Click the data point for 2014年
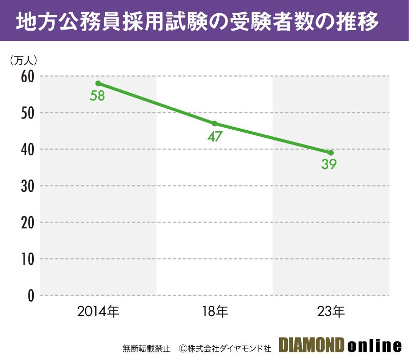coord(98,83)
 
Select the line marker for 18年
coord(214,124)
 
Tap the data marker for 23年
coord(331,153)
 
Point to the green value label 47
coord(214,136)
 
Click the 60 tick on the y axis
coord(27,77)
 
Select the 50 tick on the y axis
coord(27,113)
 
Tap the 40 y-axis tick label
coord(27,150)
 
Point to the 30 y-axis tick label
coord(27,186)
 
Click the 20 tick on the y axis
coord(27,223)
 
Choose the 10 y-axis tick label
coord(27,259)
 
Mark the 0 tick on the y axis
coord(31,296)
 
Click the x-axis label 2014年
coord(98,310)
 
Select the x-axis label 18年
coord(215,310)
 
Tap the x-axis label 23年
coord(331,310)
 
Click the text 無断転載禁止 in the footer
coord(147,348)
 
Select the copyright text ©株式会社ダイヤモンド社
coord(225,348)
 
